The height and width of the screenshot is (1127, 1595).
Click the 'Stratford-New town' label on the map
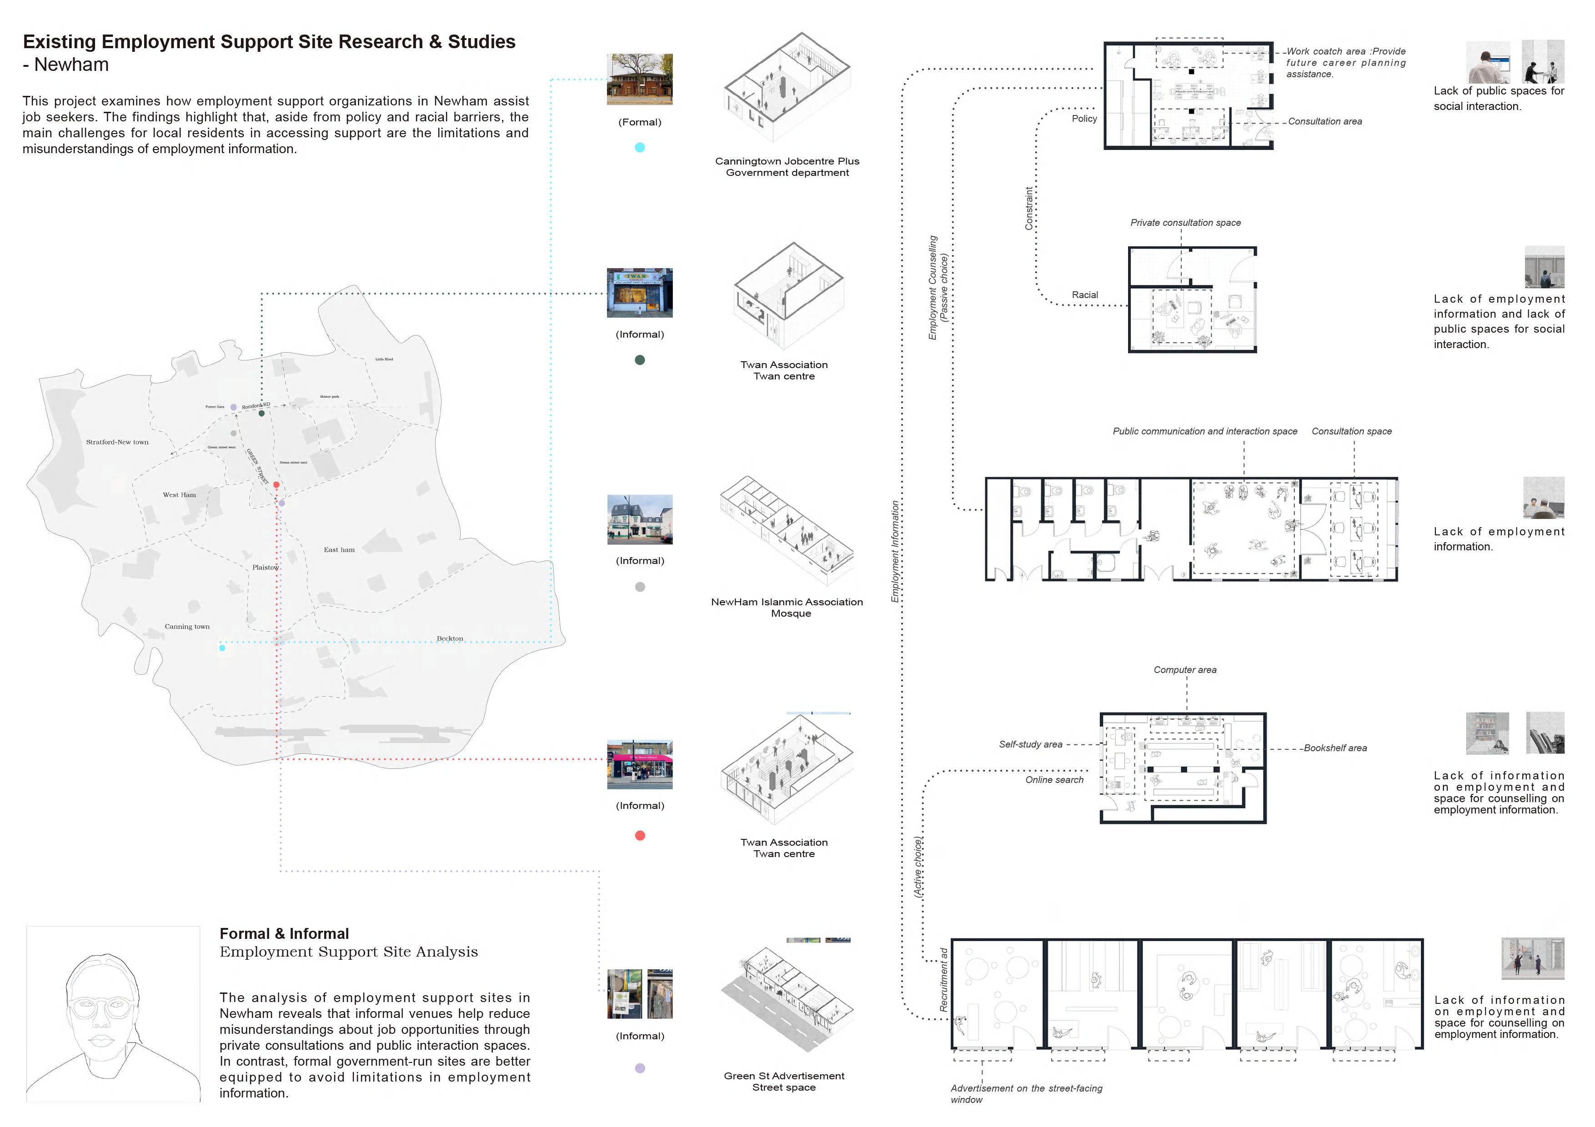click(x=117, y=442)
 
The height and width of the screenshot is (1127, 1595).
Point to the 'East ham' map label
click(x=339, y=549)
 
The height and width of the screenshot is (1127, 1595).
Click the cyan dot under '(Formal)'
click(x=640, y=147)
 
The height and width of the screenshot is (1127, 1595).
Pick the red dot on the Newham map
click(x=276, y=485)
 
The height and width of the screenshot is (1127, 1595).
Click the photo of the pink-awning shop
click(x=640, y=764)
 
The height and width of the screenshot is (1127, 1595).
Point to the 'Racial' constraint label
click(x=1084, y=295)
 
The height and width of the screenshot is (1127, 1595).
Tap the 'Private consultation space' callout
click(x=1185, y=223)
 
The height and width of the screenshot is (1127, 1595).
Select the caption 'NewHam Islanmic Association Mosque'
click(x=787, y=608)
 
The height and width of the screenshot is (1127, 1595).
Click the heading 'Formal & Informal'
click(x=284, y=933)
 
